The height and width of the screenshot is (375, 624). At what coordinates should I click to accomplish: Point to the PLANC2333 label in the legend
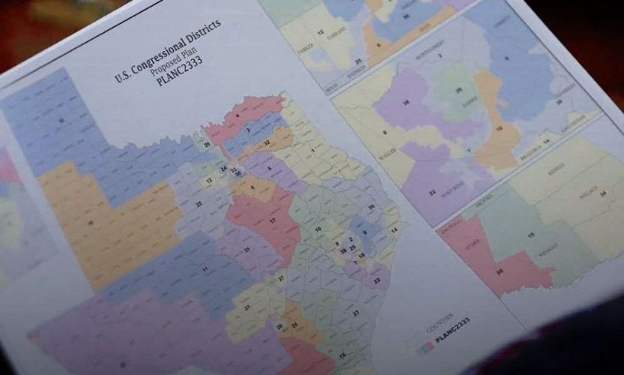452,324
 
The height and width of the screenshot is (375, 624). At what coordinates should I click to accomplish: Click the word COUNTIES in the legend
437,315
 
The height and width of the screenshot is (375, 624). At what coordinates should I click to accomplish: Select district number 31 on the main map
246,250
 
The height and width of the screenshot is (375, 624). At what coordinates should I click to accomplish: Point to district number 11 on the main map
205,268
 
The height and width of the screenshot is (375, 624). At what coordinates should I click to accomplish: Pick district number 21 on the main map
246,307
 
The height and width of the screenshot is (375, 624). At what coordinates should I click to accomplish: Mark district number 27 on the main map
357,313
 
